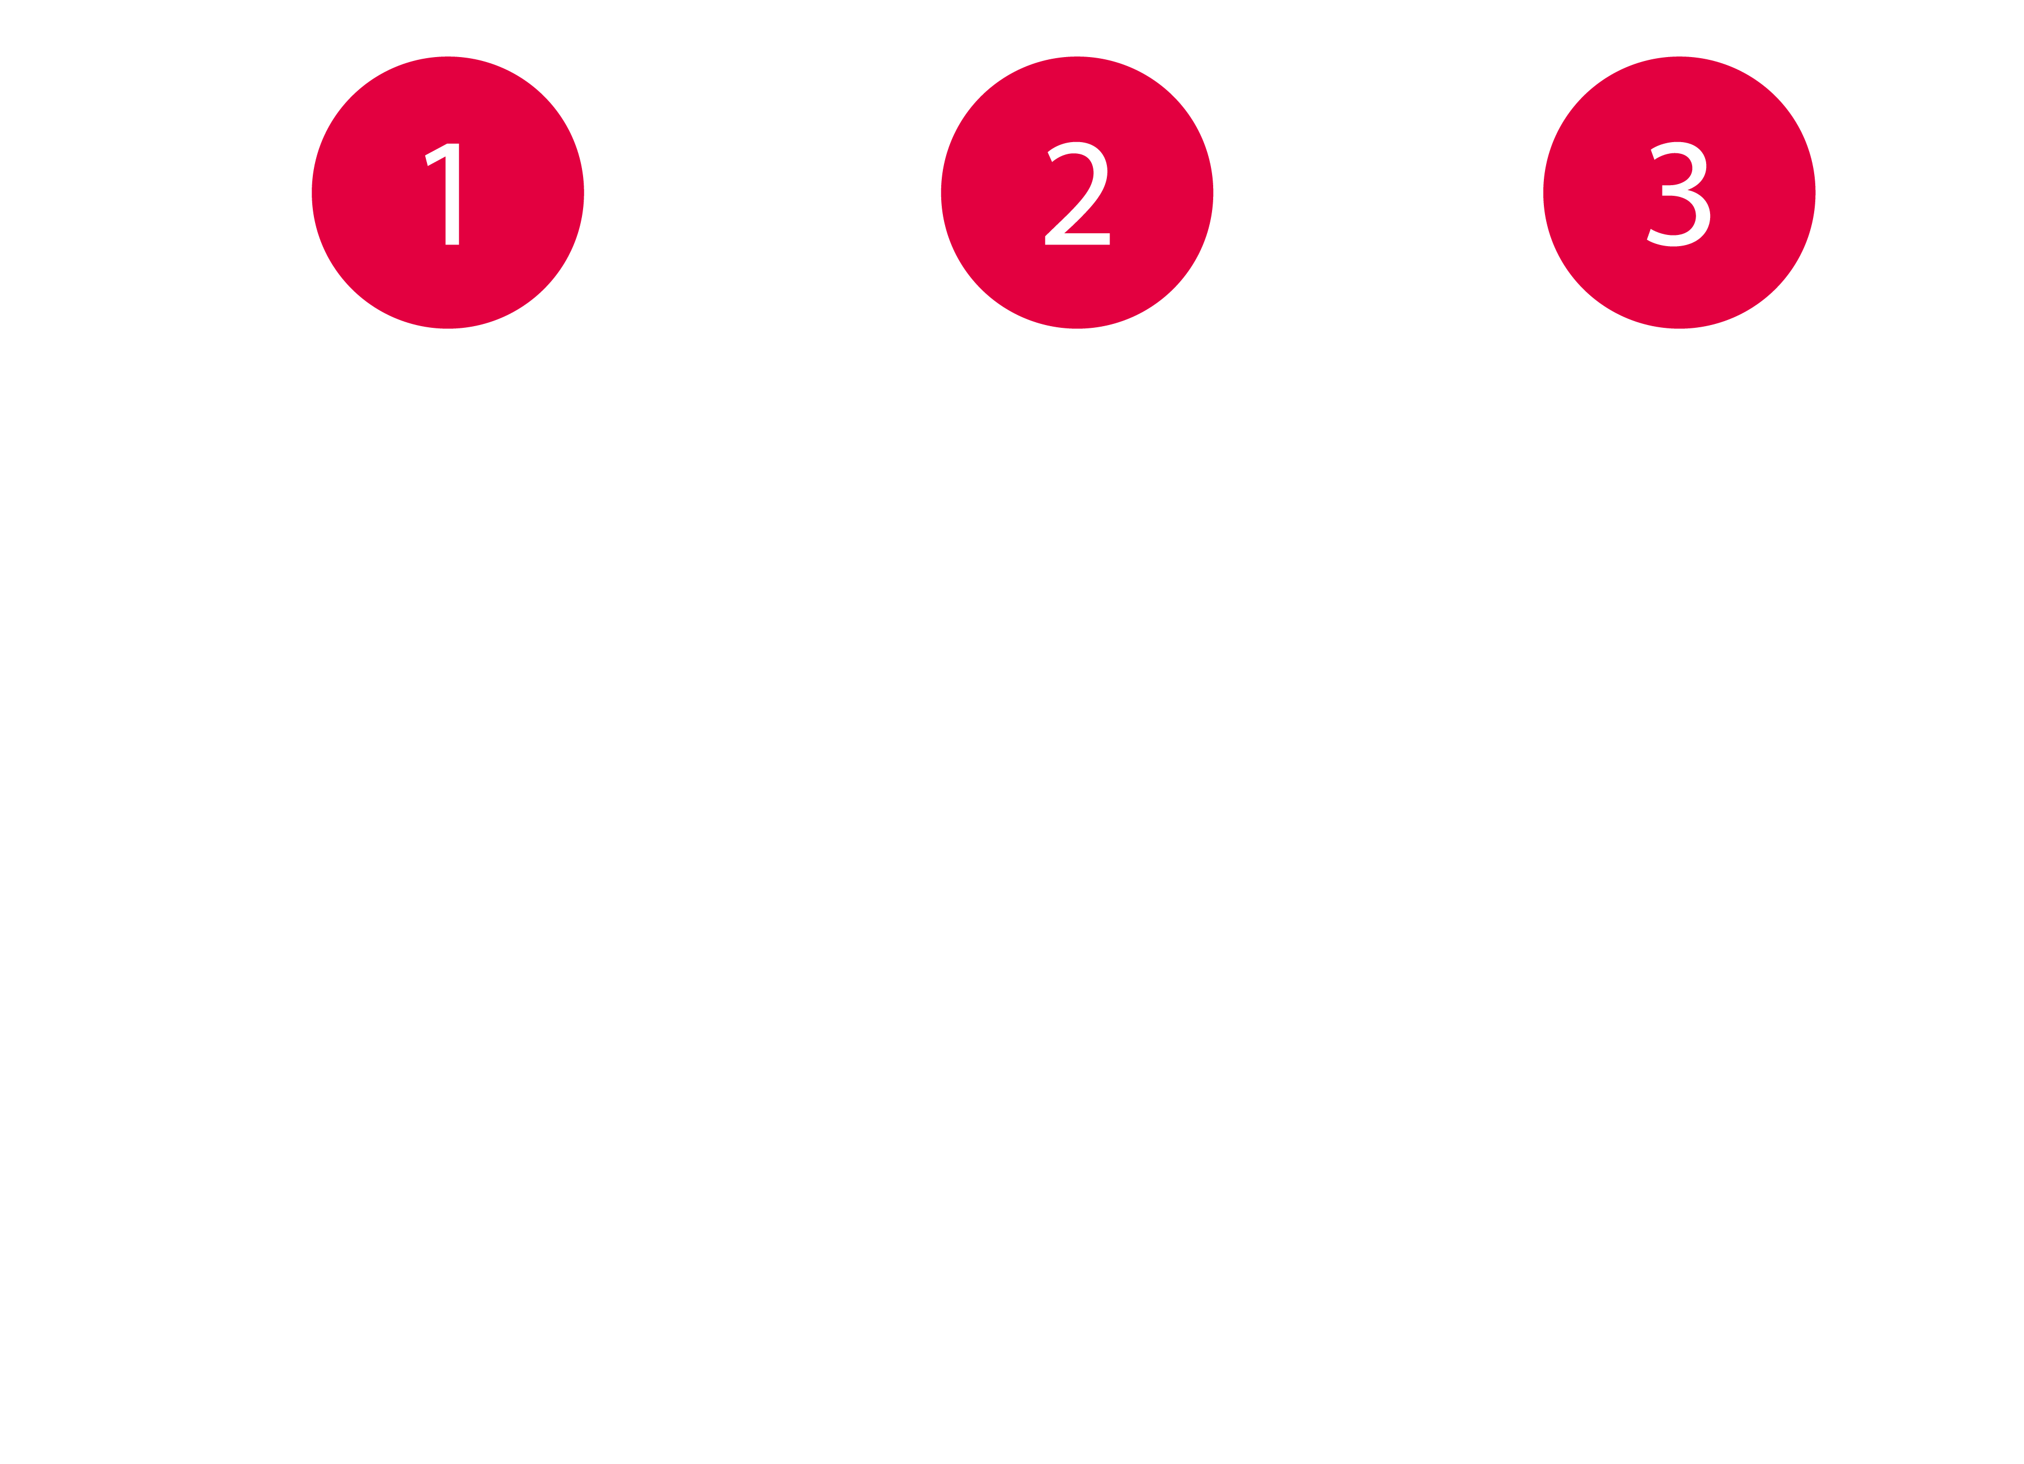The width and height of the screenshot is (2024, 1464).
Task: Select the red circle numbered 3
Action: click(1679, 192)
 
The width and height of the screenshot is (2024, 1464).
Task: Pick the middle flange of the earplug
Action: click(375, 803)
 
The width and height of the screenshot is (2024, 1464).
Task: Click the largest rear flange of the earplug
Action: click(642, 803)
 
